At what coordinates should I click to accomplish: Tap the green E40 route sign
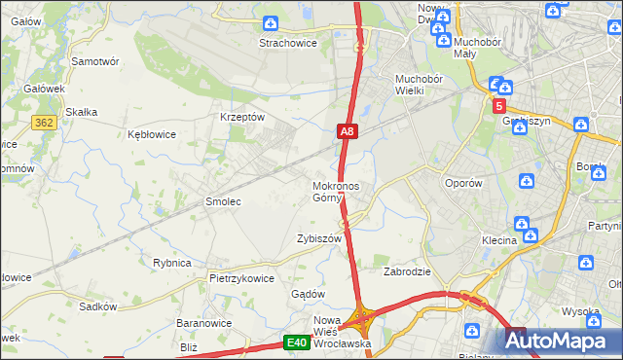click(x=297, y=342)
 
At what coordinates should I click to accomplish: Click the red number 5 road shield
click(x=499, y=106)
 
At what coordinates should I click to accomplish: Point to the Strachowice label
click(x=284, y=43)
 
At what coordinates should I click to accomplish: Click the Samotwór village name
click(x=95, y=60)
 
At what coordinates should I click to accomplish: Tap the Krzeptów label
click(x=242, y=117)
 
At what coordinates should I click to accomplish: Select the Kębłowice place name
click(x=152, y=134)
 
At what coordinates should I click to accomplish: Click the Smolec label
click(x=222, y=201)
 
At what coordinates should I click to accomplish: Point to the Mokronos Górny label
click(x=336, y=192)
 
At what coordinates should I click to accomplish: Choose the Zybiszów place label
click(x=319, y=238)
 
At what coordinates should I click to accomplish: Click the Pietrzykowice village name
click(x=241, y=277)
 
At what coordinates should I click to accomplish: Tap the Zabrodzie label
click(x=407, y=271)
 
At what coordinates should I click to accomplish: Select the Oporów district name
click(x=463, y=183)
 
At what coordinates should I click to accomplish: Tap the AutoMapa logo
click(x=563, y=341)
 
